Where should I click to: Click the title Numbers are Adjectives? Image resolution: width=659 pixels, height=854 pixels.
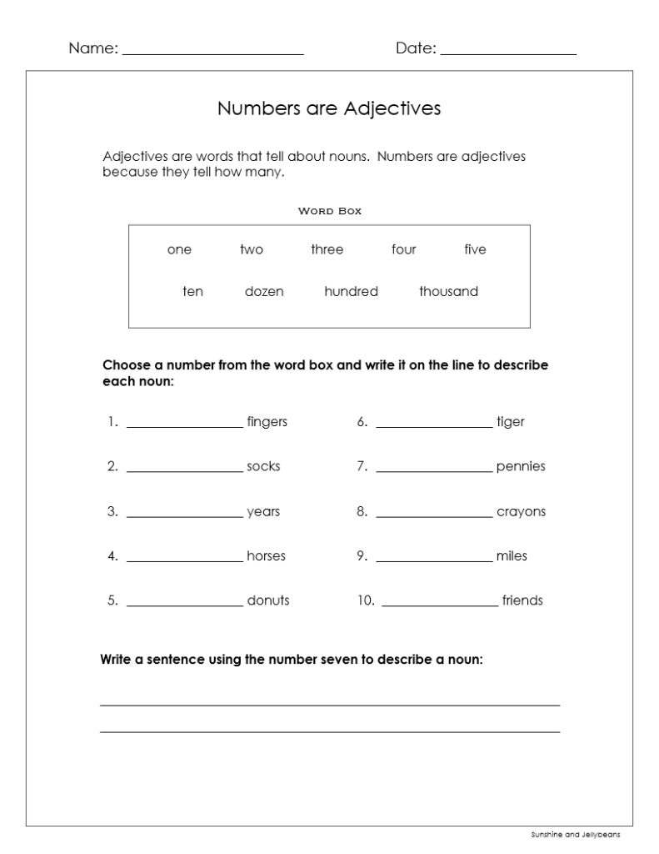pyautogui.click(x=329, y=108)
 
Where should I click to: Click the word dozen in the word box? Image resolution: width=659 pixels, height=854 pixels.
pyautogui.click(x=264, y=291)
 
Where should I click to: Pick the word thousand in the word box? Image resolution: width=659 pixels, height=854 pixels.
pyautogui.click(x=448, y=291)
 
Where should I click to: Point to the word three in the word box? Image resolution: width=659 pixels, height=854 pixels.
pyautogui.click(x=327, y=249)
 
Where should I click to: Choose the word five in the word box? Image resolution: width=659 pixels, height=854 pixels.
pyautogui.click(x=475, y=249)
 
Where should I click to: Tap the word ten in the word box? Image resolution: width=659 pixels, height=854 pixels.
pyautogui.click(x=192, y=291)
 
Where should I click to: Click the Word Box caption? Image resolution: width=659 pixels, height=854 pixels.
pyautogui.click(x=330, y=211)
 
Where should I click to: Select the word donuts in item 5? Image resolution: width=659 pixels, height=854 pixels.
pyautogui.click(x=268, y=600)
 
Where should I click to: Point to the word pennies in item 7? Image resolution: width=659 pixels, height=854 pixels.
pyautogui.click(x=521, y=466)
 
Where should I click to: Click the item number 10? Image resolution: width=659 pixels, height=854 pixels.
pyautogui.click(x=367, y=600)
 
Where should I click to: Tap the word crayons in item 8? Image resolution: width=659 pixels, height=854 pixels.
pyautogui.click(x=521, y=511)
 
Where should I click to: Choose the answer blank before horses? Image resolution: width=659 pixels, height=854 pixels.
pyautogui.click(x=184, y=560)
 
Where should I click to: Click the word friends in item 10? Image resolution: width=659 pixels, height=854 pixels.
pyautogui.click(x=522, y=600)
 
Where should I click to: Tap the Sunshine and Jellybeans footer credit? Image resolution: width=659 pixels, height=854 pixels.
pyautogui.click(x=575, y=834)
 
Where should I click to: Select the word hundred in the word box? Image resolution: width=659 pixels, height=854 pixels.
pyautogui.click(x=351, y=291)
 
